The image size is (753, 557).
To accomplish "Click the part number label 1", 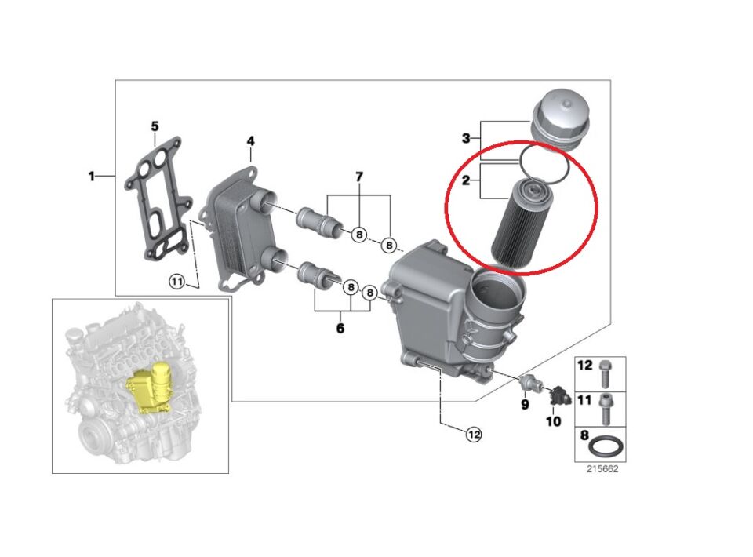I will (91, 176).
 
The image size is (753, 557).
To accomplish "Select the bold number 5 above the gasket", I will (155, 126).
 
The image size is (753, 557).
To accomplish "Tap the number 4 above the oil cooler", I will (250, 141).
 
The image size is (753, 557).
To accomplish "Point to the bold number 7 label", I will (359, 177).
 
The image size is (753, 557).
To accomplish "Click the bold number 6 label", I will (340, 328).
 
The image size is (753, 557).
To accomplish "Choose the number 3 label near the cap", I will (465, 139).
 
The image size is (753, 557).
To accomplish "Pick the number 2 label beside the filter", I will (465, 181).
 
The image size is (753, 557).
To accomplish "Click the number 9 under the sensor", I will (526, 405).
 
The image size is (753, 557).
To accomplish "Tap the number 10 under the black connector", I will (553, 421).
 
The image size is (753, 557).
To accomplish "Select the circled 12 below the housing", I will (473, 433).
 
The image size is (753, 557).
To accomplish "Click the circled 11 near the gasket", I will (177, 282).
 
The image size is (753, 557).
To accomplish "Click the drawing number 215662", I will (601, 469).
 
